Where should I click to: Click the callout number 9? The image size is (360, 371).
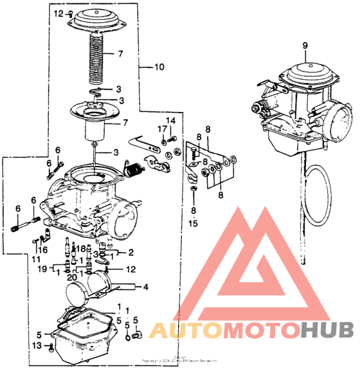click(305, 46)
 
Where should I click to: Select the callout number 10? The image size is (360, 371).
click(159, 66)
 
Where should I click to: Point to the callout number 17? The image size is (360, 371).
click(163, 130)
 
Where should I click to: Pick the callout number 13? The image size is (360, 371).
click(37, 346)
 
